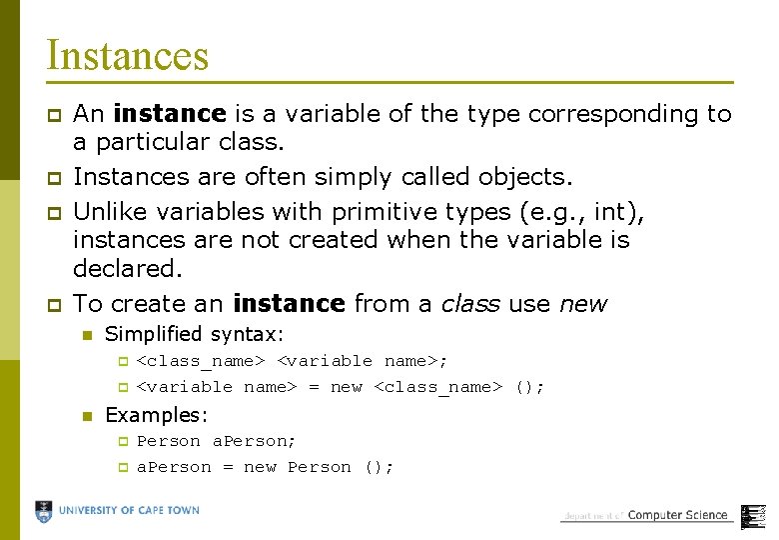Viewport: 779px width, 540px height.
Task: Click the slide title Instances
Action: click(x=127, y=55)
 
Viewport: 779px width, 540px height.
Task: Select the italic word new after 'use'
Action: click(x=582, y=303)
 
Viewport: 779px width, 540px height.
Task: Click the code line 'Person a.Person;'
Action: click(x=217, y=441)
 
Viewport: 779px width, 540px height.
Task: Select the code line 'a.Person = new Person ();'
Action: click(x=266, y=467)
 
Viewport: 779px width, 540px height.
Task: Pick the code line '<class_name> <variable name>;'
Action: click(x=293, y=361)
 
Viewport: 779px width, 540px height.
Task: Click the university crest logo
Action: click(x=44, y=511)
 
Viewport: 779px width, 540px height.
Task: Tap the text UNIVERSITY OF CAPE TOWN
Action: click(x=129, y=510)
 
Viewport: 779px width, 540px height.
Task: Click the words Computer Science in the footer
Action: click(x=677, y=515)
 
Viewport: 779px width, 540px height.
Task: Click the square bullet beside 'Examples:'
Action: click(x=87, y=415)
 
